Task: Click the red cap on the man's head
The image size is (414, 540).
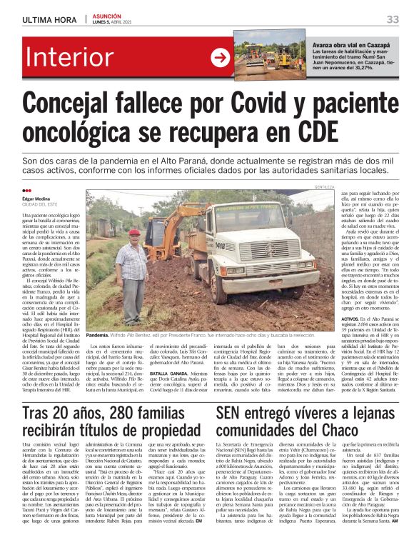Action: (x=134, y=232)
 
